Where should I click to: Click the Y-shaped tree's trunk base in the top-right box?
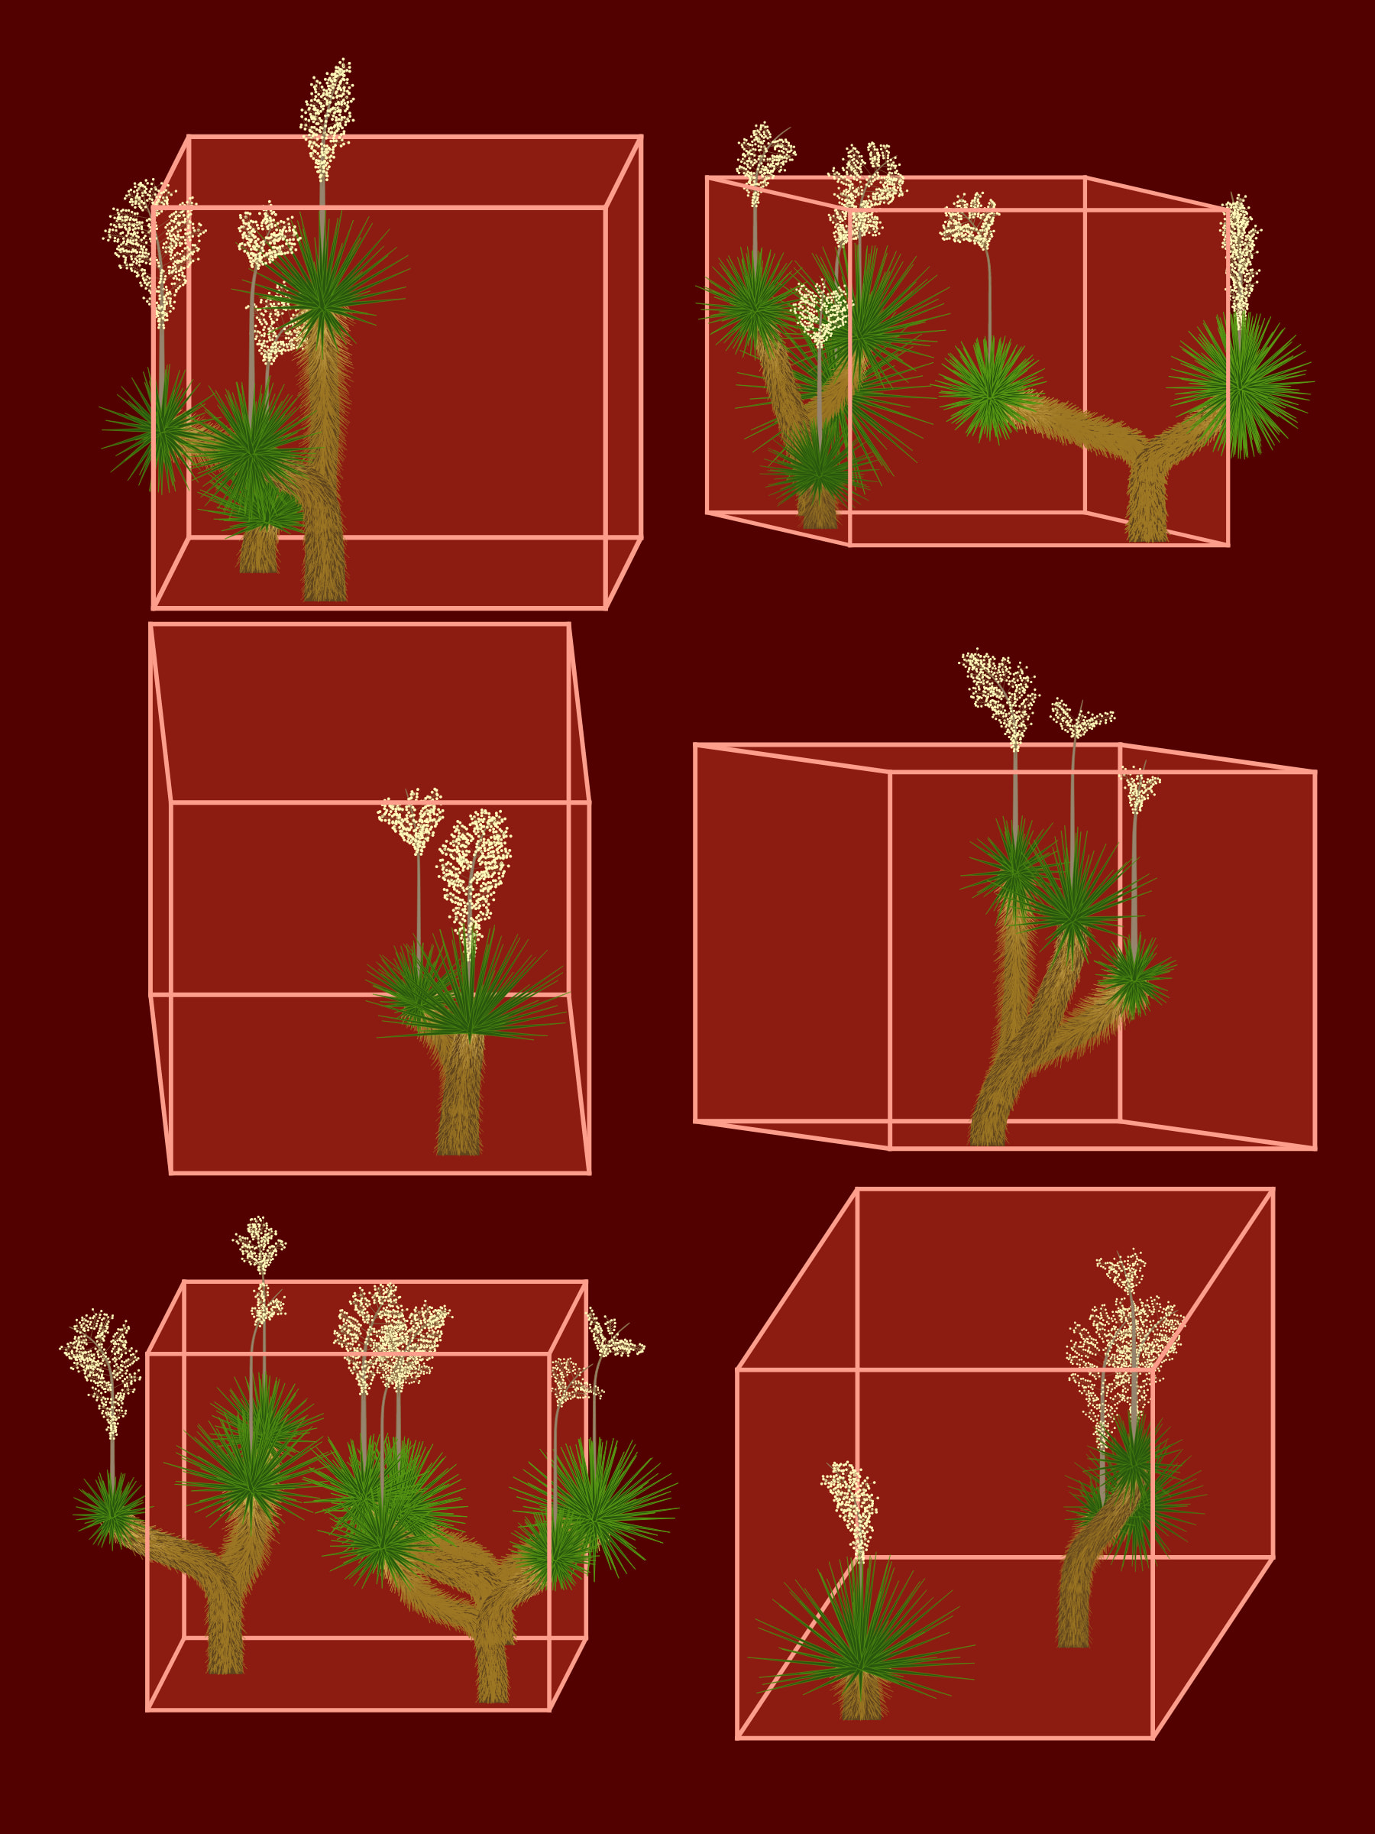[1147, 523]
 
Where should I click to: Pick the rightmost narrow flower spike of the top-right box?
[1240, 257]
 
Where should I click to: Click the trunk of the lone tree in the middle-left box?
[458, 1103]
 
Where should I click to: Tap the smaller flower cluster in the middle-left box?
[412, 818]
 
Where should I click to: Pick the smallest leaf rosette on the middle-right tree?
[1133, 975]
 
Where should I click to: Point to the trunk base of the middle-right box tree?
[987, 1132]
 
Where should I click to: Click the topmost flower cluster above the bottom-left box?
[260, 1243]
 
